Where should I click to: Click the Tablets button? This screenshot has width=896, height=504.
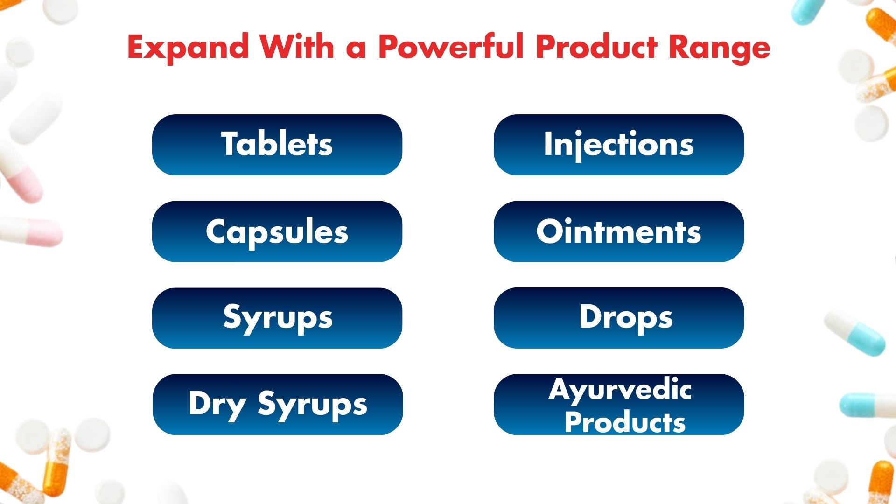(277, 145)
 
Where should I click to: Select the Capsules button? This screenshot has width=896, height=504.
(277, 231)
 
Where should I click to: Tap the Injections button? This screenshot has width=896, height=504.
(618, 145)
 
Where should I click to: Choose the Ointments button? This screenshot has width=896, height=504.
(618, 231)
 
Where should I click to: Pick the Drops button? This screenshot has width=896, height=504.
(618, 318)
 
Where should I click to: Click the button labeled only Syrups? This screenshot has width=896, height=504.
(277, 318)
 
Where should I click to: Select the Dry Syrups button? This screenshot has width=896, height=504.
(278, 404)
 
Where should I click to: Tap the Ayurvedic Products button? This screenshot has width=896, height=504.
(618, 404)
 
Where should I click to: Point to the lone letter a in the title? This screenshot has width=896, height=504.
(356, 49)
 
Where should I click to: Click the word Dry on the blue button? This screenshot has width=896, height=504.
(217, 404)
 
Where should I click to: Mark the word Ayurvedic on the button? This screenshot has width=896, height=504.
(620, 390)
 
